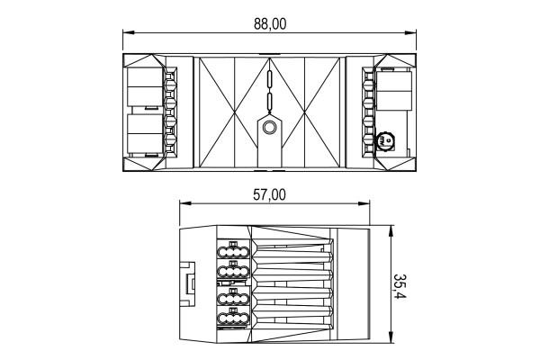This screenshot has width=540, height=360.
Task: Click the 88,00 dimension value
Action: click(x=270, y=24)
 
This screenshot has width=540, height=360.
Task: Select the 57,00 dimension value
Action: click(x=269, y=195)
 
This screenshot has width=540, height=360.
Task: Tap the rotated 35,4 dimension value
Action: click(x=400, y=286)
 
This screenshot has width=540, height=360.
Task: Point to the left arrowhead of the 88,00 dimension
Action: click(x=128, y=32)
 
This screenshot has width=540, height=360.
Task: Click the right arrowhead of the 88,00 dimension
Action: click(x=411, y=32)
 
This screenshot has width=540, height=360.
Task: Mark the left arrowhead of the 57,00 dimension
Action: click(x=185, y=203)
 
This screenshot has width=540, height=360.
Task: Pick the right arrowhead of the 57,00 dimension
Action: click(x=364, y=203)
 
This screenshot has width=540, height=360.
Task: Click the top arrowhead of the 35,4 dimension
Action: click(x=391, y=231)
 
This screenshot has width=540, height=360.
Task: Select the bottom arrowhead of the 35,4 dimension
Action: click(x=391, y=337)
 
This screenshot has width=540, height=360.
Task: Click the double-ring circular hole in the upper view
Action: click(x=269, y=128)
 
